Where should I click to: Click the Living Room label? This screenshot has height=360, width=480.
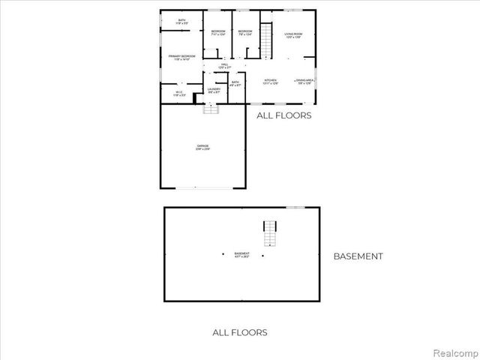tap(292, 35)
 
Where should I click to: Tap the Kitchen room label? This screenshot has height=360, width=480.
tap(271, 81)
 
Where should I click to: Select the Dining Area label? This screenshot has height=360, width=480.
tap(304, 81)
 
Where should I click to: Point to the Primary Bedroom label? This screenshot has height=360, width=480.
tap(182, 58)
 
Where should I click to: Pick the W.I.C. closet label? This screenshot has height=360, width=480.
tap(179, 94)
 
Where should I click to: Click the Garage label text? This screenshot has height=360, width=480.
tap(203, 147)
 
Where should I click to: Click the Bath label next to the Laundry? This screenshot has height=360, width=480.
tap(235, 84)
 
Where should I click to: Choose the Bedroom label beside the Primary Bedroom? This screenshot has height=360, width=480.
tap(217, 32)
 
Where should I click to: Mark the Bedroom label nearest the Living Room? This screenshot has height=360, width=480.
tap(244, 32)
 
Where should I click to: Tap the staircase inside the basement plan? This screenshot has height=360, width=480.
tap(269, 233)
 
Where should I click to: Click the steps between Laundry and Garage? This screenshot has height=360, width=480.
tap(211, 109)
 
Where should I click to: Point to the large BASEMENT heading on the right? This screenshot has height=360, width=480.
tap(358, 256)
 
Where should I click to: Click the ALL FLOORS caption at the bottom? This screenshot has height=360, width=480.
tap(240, 332)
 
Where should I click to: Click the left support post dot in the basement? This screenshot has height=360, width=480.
tap(223, 255)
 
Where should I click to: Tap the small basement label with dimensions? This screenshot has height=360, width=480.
tap(242, 255)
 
